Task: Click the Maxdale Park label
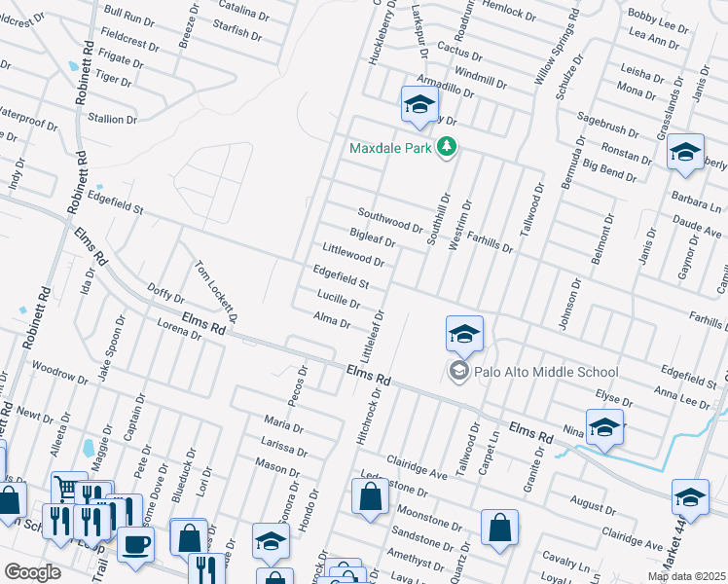click(x=391, y=148)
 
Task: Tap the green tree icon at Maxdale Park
click(x=447, y=147)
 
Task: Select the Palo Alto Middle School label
click(x=544, y=371)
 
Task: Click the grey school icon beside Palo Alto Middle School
click(x=457, y=371)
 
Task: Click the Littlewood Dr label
click(x=353, y=256)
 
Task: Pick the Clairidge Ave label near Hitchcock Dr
click(x=416, y=441)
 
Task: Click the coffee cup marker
click(x=135, y=541)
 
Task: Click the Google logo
click(x=32, y=572)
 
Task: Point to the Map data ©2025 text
click(x=686, y=576)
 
